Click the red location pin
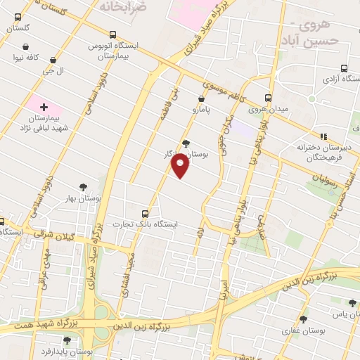181,167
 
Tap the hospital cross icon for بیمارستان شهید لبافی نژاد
44,107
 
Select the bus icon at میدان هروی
267,98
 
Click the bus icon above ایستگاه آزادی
343,68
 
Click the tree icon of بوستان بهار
84,187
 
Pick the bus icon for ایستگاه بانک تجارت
146,213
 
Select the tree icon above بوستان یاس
352,302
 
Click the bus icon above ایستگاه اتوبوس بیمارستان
112,34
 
